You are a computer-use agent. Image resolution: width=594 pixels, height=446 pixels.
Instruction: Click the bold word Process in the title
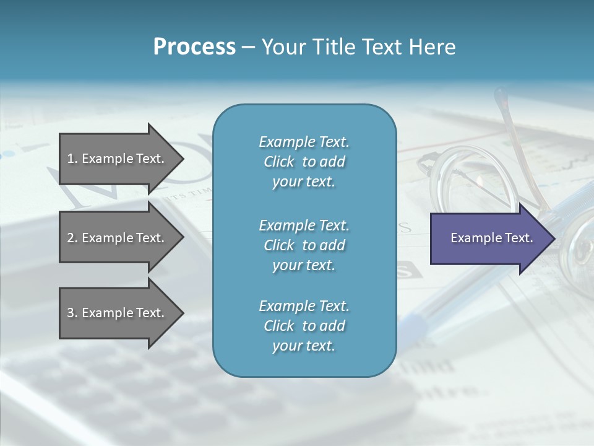coord(194,47)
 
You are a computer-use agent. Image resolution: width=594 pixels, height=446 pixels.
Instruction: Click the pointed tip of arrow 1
coord(183,159)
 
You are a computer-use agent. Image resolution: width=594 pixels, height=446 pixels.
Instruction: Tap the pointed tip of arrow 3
coord(183,313)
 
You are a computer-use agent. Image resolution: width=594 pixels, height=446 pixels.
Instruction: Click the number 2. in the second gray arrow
coord(72,238)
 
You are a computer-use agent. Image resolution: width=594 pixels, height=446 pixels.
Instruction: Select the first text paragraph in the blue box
coord(304,162)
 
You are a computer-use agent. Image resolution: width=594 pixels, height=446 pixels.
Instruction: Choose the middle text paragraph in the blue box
coord(304,245)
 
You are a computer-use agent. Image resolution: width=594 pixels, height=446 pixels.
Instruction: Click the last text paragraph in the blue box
coord(304,326)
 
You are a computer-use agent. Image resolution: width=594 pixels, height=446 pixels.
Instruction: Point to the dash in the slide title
coord(248,47)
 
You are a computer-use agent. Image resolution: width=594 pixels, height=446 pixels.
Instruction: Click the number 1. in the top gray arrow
coord(72,159)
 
